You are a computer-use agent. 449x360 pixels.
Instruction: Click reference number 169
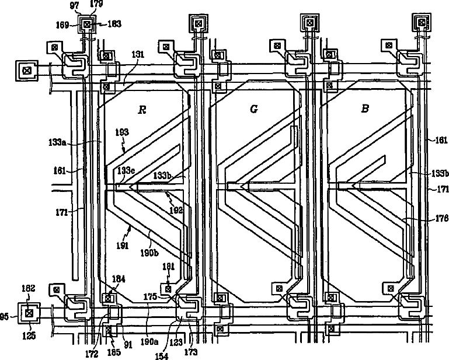coord(62,25)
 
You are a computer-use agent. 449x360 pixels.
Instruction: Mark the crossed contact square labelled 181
coord(168,288)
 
